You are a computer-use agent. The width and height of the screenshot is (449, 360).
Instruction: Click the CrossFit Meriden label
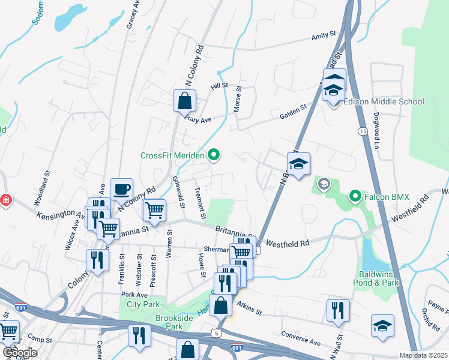click(x=173, y=155)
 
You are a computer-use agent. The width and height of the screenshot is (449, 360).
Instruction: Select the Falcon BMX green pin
click(x=355, y=196)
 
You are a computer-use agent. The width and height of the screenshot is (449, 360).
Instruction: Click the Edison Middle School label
click(x=384, y=101)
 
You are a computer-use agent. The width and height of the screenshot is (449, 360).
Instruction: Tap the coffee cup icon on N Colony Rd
click(x=122, y=190)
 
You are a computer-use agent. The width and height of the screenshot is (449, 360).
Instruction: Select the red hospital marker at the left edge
click(x=6, y=200)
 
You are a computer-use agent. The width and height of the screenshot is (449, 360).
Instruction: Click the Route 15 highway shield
click(x=362, y=130)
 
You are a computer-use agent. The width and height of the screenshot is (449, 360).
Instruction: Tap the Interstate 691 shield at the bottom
click(x=237, y=347)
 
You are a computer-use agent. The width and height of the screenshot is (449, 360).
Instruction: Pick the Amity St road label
click(x=324, y=37)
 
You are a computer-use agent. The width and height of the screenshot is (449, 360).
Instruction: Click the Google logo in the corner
click(x=20, y=353)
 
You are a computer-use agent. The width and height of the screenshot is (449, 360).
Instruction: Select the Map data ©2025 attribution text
click(x=424, y=355)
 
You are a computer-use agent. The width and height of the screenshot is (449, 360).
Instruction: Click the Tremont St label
click(x=200, y=203)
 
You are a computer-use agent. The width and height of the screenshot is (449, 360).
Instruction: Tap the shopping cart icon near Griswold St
click(x=154, y=210)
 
